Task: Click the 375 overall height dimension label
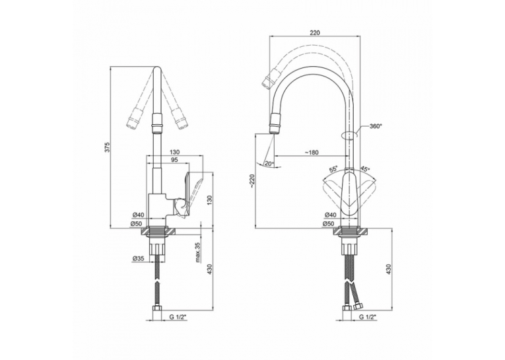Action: tap(108, 147)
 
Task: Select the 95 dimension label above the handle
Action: tap(174, 160)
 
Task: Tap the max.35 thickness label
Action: tap(198, 253)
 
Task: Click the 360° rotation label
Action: tap(375, 126)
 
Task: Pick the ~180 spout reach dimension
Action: tap(312, 152)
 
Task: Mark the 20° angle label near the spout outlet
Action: tap(269, 163)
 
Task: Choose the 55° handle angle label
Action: tap(333, 169)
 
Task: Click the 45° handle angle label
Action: tap(365, 169)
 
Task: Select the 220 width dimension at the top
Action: tap(314, 32)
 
